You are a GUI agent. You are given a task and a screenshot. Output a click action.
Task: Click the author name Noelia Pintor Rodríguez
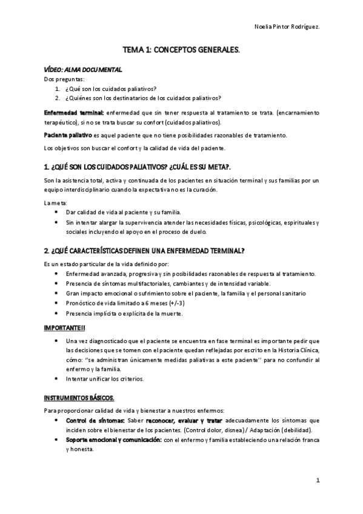coord(286,27)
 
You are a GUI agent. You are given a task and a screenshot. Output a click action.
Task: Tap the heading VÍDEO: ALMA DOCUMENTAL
coord(83,70)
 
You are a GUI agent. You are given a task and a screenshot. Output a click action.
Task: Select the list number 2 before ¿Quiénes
coord(57,98)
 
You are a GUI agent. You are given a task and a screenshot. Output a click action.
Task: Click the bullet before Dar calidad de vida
coord(56,212)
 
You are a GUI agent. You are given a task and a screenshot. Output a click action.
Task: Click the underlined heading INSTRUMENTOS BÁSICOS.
coord(79,397)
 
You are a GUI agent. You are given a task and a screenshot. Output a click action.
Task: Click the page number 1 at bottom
coord(318,480)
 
